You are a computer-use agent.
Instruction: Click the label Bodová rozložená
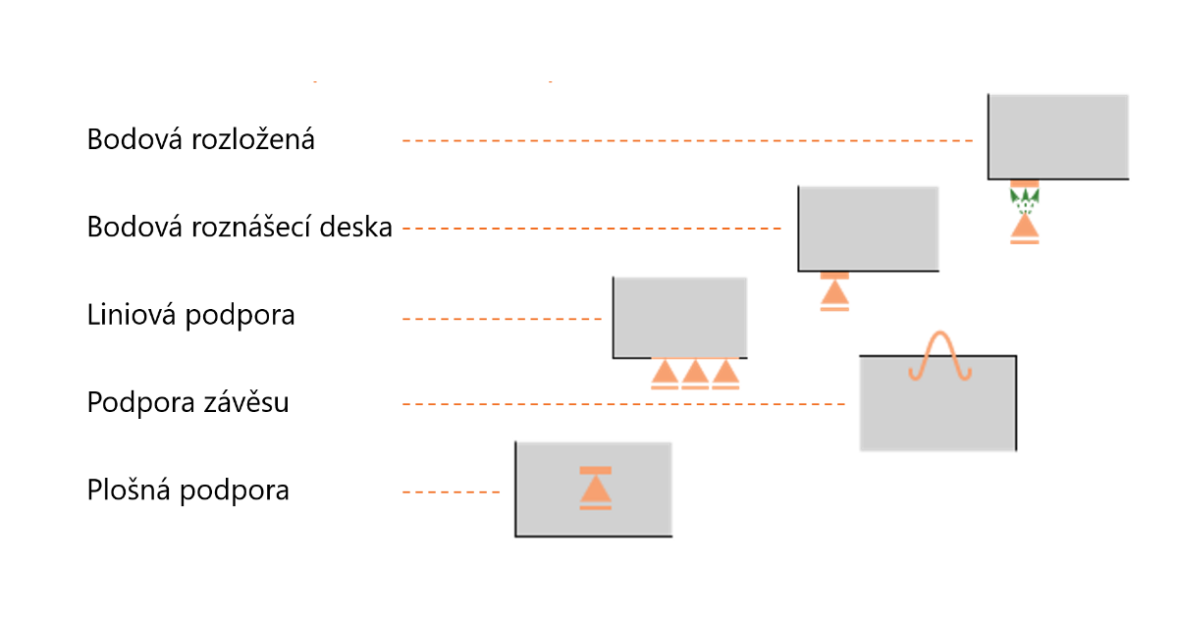point(200,139)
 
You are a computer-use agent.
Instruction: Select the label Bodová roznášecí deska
point(240,228)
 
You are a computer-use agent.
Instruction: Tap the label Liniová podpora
point(190,316)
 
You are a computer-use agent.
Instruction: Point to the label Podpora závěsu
point(187,402)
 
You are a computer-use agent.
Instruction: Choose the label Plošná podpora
point(187,489)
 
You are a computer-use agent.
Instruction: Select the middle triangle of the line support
point(695,372)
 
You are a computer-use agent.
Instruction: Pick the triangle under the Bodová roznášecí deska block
point(834,292)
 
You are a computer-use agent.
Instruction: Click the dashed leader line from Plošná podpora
point(452,490)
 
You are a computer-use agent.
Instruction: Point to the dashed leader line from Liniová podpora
point(502,319)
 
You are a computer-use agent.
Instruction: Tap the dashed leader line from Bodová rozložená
point(687,141)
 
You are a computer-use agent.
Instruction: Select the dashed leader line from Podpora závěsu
point(623,404)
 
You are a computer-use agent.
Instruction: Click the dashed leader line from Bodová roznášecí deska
point(592,230)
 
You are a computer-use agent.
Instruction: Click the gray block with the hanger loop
point(937,412)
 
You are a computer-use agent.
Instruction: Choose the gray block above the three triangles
point(679,316)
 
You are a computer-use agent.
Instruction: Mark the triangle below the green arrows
point(1024,228)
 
